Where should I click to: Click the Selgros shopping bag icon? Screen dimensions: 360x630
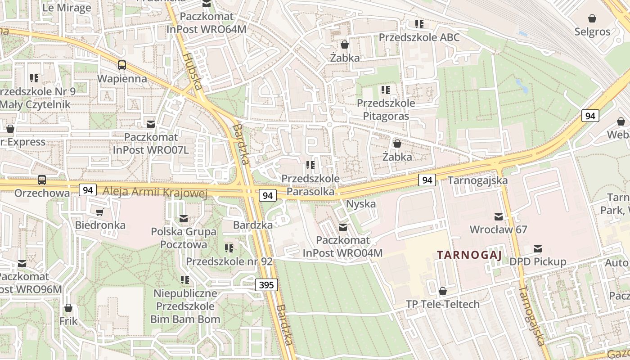point(592,18)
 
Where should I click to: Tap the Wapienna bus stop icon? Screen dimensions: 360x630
point(122,65)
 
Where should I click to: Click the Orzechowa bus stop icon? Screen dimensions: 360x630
point(42,180)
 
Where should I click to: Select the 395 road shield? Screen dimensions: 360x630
point(266,284)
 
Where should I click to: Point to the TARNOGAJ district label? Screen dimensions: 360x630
point(469,255)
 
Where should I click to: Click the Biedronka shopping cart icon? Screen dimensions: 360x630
point(100,212)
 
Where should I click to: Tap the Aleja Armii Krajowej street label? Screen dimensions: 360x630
point(155,193)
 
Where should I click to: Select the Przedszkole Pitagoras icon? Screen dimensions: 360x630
point(385,90)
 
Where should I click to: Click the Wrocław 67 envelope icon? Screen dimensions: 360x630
point(499,216)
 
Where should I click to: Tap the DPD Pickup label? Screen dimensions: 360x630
point(538,261)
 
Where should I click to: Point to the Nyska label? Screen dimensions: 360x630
point(360,204)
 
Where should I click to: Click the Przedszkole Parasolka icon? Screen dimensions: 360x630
point(310,165)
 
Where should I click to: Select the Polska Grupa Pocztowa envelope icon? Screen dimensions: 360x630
point(184,219)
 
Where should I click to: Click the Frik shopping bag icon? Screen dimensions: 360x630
point(68,308)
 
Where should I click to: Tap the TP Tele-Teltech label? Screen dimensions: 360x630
point(443,304)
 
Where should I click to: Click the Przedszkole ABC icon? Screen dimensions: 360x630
point(419,24)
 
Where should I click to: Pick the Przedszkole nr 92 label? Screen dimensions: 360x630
point(229,261)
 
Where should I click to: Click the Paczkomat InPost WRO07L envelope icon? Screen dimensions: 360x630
point(151,124)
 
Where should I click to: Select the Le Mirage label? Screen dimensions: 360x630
point(67,8)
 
